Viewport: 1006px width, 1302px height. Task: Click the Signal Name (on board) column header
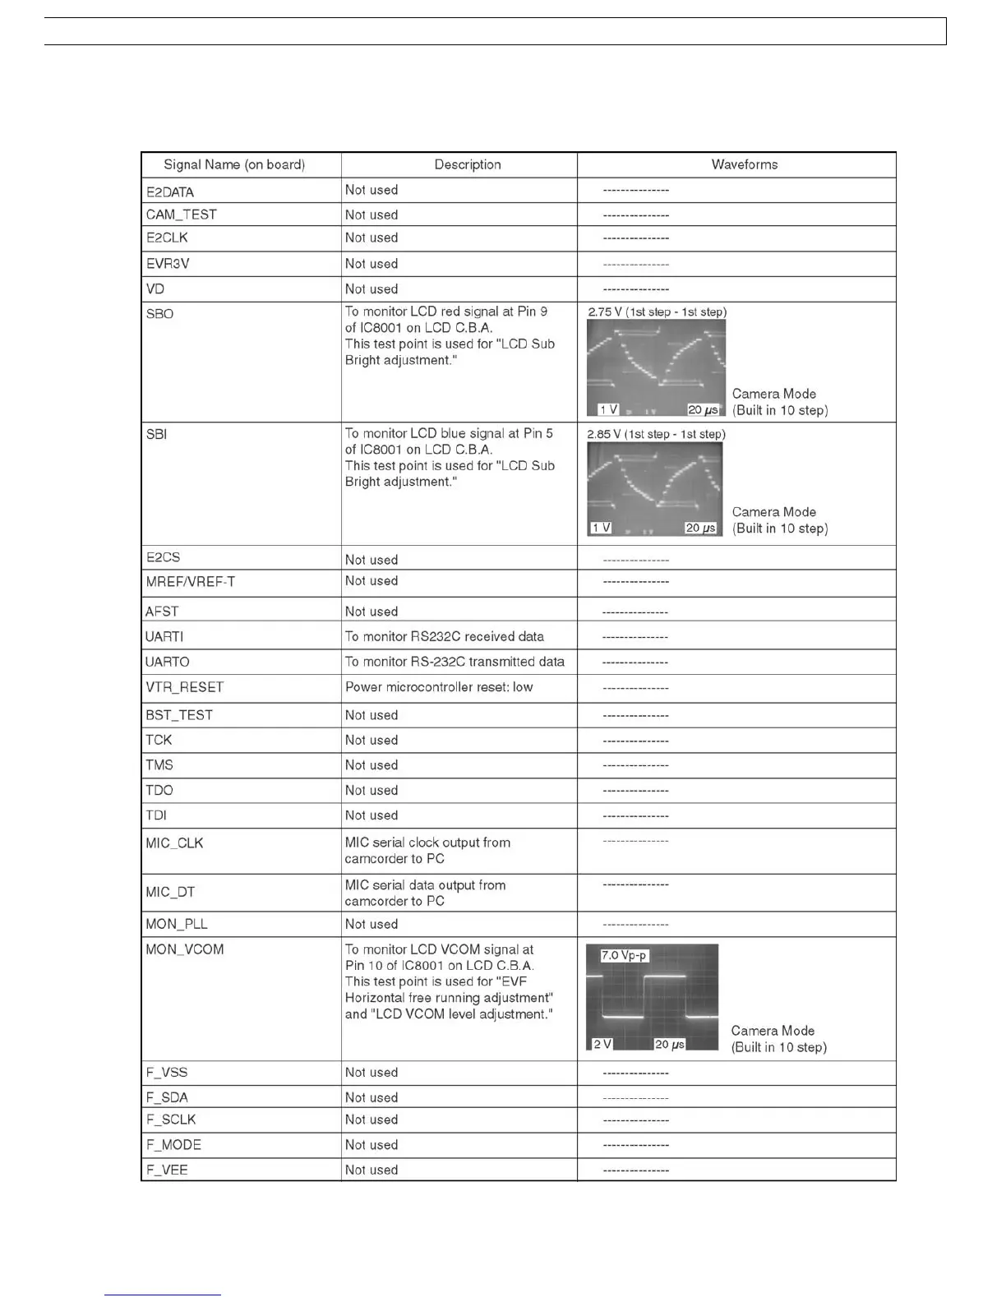click(234, 164)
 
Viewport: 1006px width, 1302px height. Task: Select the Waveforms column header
click(744, 164)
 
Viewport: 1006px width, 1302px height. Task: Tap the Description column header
click(467, 164)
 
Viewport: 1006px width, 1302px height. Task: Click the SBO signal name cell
click(159, 314)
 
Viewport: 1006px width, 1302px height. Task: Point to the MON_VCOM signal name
click(185, 949)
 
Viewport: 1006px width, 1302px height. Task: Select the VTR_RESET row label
click(185, 687)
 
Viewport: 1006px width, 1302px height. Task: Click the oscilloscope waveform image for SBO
click(656, 367)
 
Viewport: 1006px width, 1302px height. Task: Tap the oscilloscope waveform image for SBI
click(655, 489)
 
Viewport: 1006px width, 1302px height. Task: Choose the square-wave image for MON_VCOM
click(652, 997)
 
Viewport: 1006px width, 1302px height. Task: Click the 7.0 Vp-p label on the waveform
click(624, 955)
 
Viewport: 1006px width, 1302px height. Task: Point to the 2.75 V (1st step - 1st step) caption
click(657, 312)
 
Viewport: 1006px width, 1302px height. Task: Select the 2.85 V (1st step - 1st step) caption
click(656, 434)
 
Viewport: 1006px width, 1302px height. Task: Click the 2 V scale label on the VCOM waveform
click(602, 1044)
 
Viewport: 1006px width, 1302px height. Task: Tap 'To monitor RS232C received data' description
click(444, 636)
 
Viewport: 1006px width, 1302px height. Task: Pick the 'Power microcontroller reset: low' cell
click(439, 687)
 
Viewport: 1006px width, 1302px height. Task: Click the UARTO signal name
click(168, 662)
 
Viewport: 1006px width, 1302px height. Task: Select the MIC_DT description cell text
click(425, 893)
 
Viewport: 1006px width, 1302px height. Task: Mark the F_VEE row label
click(167, 1170)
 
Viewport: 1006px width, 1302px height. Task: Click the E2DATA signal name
click(170, 192)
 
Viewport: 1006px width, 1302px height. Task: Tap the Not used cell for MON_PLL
click(371, 924)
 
